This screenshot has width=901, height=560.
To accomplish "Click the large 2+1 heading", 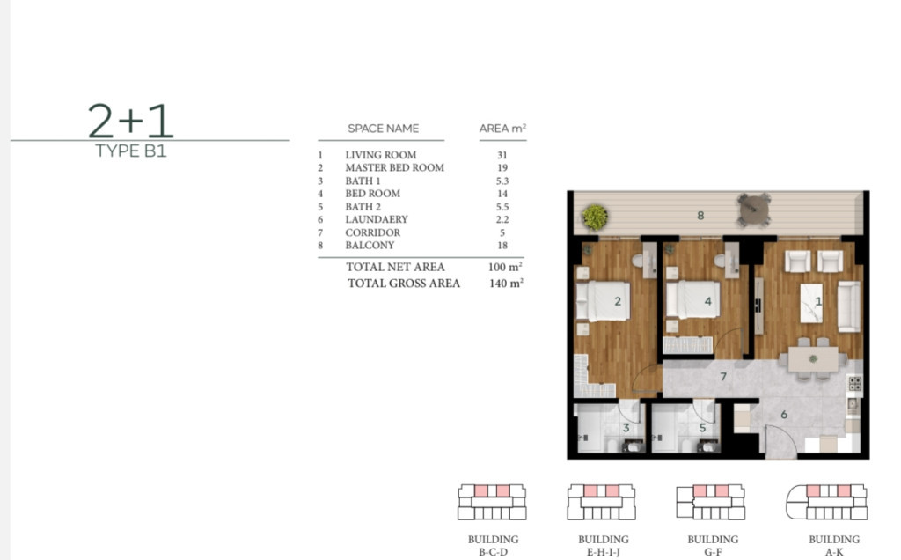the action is pyautogui.click(x=130, y=121).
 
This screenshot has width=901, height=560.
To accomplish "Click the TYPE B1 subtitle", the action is pyautogui.click(x=130, y=151).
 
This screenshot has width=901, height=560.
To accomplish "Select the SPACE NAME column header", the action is pyautogui.click(x=384, y=129).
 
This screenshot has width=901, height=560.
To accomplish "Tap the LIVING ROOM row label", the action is pyautogui.click(x=380, y=155).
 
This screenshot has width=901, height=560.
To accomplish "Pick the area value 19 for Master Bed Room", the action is pyautogui.click(x=502, y=168).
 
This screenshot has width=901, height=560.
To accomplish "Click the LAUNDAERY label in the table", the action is pyautogui.click(x=377, y=219).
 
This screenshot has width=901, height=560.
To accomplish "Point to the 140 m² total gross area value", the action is pyautogui.click(x=506, y=283).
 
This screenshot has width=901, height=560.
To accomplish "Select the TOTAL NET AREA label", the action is pyautogui.click(x=395, y=267).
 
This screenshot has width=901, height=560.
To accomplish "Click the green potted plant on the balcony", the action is pyautogui.click(x=595, y=217).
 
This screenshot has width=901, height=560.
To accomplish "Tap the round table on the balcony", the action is pyautogui.click(x=754, y=210).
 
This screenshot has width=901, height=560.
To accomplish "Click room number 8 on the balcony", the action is pyautogui.click(x=700, y=216).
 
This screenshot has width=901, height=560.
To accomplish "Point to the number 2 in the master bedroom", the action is pyautogui.click(x=618, y=301).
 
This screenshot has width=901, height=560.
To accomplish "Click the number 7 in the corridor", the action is pyautogui.click(x=723, y=377).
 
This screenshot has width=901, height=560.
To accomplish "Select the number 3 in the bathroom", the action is pyautogui.click(x=626, y=428).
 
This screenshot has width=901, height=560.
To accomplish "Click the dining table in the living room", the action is pyautogui.click(x=813, y=359).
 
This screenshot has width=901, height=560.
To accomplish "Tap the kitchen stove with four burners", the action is pyautogui.click(x=855, y=384).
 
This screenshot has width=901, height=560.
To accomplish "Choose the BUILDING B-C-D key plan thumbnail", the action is pyautogui.click(x=492, y=502).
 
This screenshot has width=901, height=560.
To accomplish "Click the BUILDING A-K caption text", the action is pyautogui.click(x=834, y=546).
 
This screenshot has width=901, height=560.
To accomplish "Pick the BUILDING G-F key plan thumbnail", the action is pyautogui.click(x=711, y=502).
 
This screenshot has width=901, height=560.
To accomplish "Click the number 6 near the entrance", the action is pyautogui.click(x=784, y=415).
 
